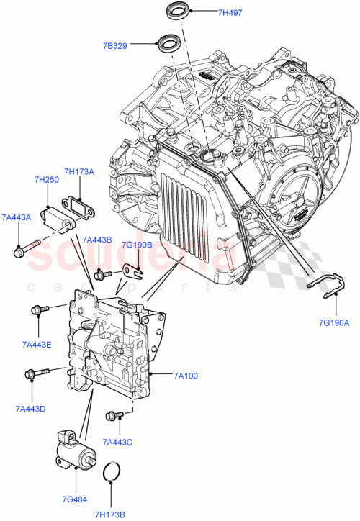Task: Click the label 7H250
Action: (47, 180)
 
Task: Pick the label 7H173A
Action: (79, 171)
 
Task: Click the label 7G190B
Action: (136, 245)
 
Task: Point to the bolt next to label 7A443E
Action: (38, 310)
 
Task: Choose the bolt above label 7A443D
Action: (35, 373)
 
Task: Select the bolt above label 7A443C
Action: (116, 415)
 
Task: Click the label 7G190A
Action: (333, 323)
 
